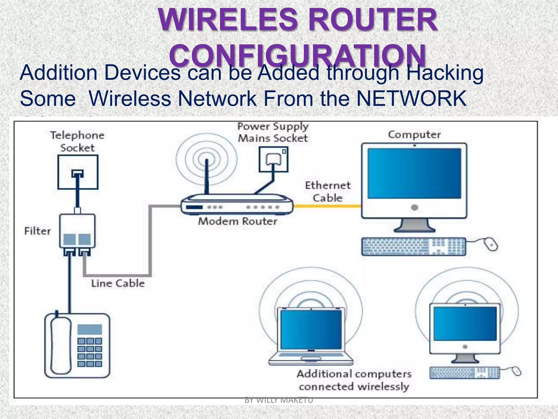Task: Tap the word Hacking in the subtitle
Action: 445,73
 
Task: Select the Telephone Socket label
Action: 77,141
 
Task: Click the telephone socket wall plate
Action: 78,172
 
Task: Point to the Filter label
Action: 38,231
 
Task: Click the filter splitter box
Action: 77,231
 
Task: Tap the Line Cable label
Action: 118,283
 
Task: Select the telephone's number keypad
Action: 90,352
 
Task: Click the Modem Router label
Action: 238,221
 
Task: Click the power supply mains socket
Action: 273,160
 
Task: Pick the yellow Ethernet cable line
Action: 327,206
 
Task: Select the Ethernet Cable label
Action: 328,191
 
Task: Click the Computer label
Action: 414,134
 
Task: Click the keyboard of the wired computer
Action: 414,246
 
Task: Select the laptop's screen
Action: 311,330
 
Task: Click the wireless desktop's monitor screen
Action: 465,324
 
